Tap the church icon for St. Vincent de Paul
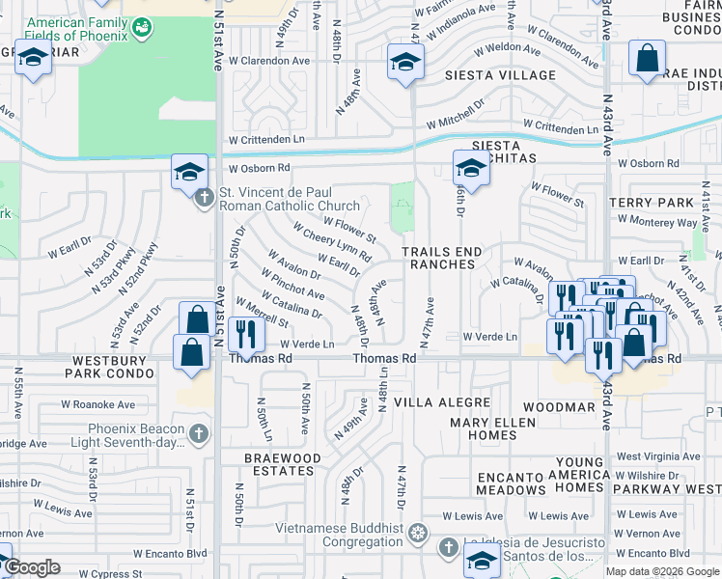[x=204, y=198]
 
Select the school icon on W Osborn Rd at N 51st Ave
[x=189, y=173]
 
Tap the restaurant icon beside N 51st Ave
[x=248, y=335]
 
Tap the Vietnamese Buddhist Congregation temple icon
[x=417, y=532]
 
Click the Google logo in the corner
[x=33, y=567]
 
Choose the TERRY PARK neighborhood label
[x=652, y=204]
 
